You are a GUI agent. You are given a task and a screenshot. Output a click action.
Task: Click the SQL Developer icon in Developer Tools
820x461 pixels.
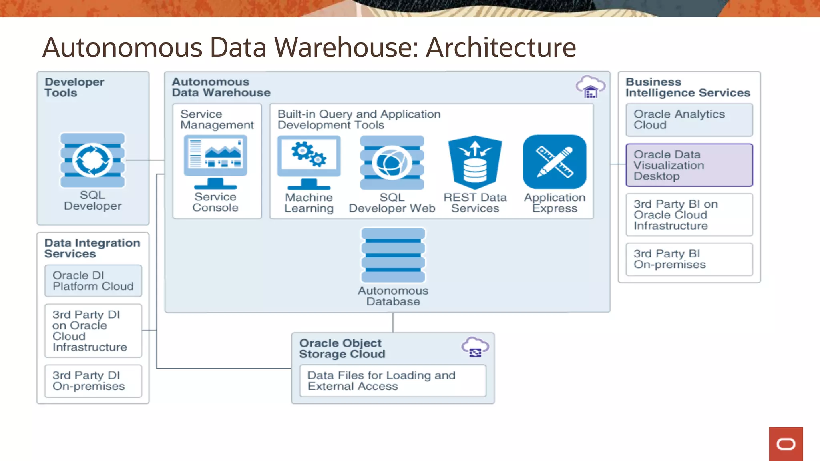(92, 160)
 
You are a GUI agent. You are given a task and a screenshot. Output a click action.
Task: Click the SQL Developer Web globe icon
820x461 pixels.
(392, 162)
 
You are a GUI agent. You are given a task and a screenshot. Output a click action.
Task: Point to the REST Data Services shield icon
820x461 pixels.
(475, 162)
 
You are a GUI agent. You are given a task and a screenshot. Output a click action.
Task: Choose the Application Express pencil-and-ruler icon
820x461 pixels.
(555, 162)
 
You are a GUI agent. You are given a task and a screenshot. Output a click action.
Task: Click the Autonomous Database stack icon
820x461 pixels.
(393, 255)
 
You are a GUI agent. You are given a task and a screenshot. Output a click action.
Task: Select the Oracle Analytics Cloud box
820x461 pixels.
(689, 120)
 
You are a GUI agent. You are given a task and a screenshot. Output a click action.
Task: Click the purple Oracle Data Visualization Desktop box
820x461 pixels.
(689, 165)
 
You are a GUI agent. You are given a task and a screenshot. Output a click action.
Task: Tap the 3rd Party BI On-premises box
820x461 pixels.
(689, 259)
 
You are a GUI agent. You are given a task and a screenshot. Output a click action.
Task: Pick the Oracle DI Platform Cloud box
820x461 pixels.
(93, 281)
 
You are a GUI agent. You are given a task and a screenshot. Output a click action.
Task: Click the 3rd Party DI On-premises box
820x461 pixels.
(93, 381)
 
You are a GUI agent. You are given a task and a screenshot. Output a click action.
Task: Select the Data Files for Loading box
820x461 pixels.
(393, 381)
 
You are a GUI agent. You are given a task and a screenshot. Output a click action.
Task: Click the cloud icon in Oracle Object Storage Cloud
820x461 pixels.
(475, 347)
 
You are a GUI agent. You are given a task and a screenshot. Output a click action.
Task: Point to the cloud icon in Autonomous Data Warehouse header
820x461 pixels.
(591, 87)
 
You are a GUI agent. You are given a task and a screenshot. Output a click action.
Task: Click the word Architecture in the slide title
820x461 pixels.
(500, 48)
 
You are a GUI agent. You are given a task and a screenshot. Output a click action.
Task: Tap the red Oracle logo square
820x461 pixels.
(786, 444)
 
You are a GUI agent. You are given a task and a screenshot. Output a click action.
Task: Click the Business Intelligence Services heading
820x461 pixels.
(687, 87)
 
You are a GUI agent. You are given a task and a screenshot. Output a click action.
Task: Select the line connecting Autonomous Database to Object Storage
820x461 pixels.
(393, 322)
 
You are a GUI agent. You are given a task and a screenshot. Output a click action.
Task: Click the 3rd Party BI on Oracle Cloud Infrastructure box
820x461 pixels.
(689, 215)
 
